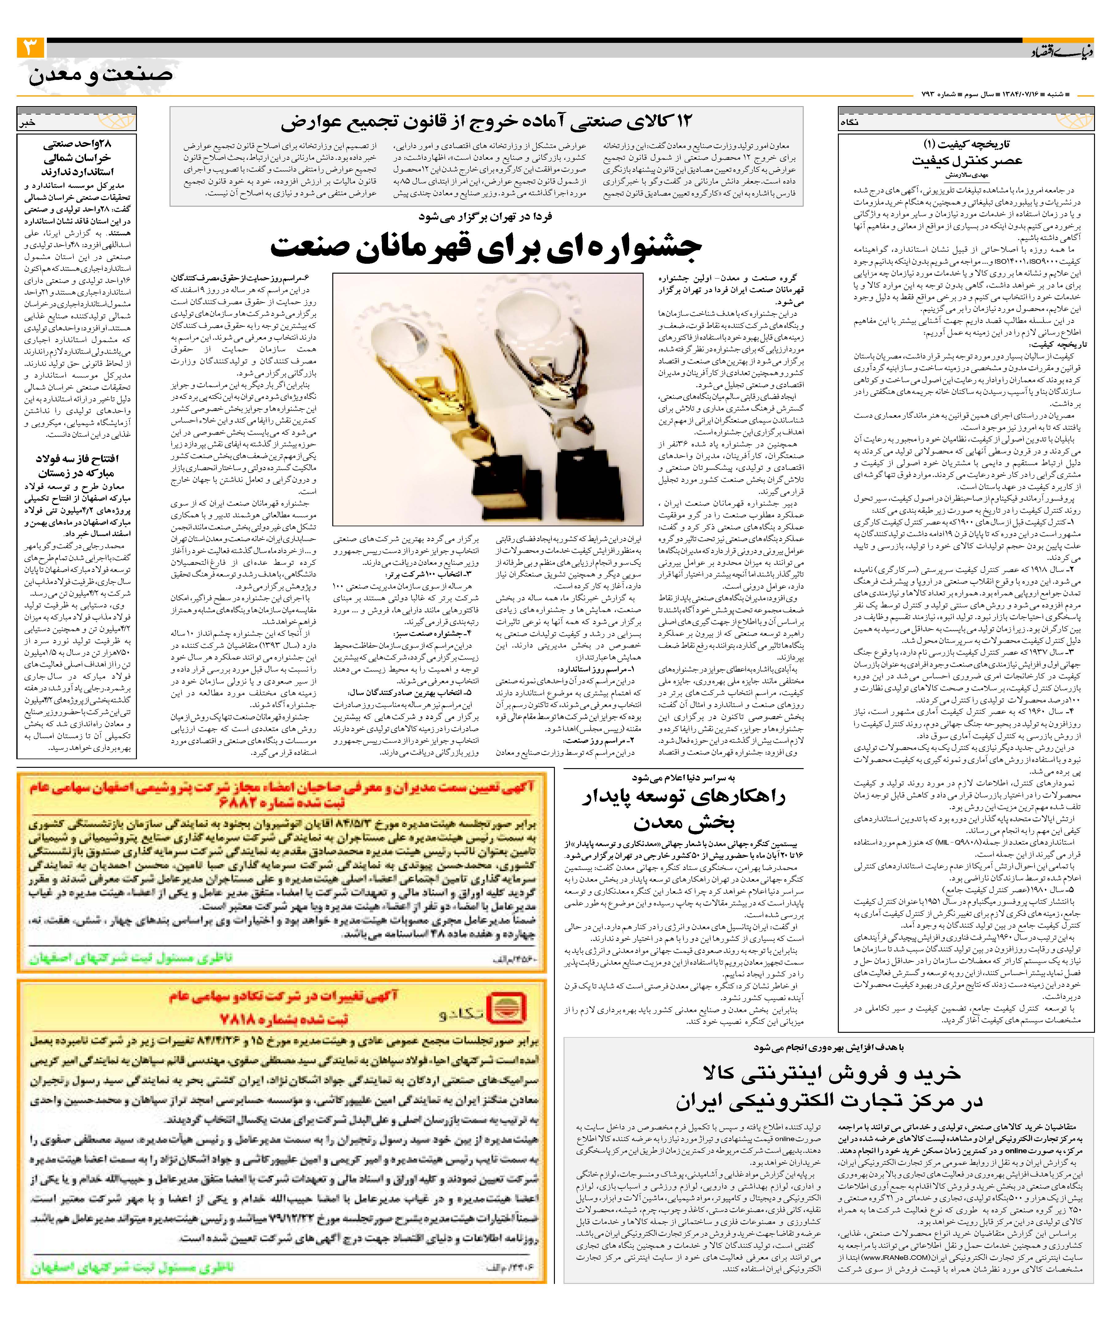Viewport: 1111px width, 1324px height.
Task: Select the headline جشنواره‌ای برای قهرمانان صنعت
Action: point(485,247)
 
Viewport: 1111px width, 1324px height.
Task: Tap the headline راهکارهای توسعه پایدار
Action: point(684,809)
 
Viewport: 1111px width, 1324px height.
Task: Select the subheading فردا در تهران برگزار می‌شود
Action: point(485,216)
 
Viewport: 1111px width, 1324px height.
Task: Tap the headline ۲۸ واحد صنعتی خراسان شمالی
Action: point(77,158)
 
